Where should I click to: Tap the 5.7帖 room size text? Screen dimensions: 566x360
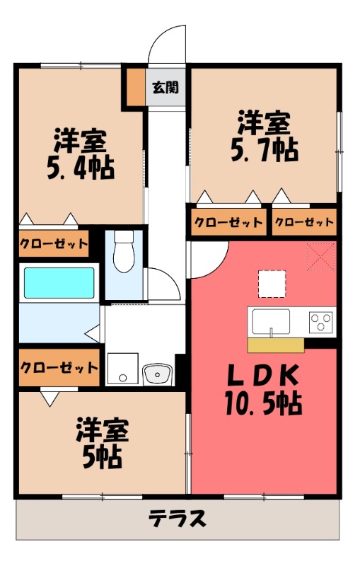click(262, 150)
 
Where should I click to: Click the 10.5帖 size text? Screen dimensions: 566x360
click(264, 404)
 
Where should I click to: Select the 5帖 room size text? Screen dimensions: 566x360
click(100, 457)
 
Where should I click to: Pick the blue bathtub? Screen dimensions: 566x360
click(59, 283)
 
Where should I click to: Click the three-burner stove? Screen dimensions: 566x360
click(322, 322)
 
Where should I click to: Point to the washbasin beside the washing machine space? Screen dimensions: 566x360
click(157, 374)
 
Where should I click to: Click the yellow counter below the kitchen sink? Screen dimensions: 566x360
click(276, 345)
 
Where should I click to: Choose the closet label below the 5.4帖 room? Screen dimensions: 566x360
click(54, 245)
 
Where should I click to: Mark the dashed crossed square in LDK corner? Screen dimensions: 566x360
click(321, 256)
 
